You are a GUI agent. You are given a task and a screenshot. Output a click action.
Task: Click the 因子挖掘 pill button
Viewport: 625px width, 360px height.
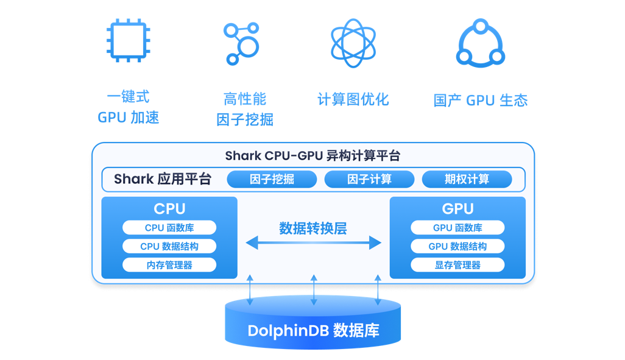coord(272,179)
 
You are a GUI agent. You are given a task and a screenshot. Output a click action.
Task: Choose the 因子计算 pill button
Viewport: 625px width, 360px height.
coord(369,179)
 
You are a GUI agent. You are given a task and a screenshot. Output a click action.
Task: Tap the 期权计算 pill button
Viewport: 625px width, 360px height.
coord(467,179)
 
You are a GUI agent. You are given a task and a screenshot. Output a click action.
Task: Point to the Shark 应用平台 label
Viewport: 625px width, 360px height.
coord(163,179)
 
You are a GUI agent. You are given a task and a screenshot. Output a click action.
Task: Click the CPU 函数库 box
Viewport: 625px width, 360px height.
coord(169,228)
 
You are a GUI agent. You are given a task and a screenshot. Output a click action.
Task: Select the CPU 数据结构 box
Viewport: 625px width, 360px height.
coord(169,247)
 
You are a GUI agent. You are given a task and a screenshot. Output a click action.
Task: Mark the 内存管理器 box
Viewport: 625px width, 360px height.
coord(169,265)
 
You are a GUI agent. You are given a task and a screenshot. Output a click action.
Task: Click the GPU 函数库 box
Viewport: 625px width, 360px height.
coord(457,228)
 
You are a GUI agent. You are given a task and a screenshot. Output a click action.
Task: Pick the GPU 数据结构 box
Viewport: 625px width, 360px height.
coord(457,247)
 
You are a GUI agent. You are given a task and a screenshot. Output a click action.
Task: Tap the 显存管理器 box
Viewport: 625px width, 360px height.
coord(457,265)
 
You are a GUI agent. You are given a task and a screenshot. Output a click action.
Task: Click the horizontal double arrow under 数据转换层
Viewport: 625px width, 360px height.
coord(313,244)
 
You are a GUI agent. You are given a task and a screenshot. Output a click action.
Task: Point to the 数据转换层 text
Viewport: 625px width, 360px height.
coord(313,228)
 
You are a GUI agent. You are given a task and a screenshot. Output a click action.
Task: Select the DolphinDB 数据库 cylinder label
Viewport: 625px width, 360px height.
coord(313,331)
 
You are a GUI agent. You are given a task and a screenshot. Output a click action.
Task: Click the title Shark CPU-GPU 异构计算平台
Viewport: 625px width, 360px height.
coord(312,155)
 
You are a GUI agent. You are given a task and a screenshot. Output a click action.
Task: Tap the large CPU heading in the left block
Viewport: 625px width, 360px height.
coord(169,208)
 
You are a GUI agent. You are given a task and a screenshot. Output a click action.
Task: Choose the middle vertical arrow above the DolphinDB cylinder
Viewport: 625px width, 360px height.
coord(314,290)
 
